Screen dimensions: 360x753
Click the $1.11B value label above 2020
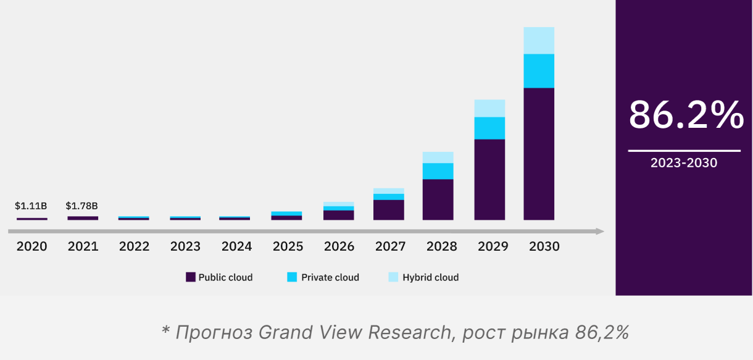[x=31, y=206]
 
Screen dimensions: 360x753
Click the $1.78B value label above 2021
[x=82, y=206]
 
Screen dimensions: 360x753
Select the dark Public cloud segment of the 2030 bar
[x=539, y=154]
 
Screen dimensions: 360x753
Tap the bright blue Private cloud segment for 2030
[x=539, y=71]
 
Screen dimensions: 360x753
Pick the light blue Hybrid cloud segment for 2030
[x=539, y=41]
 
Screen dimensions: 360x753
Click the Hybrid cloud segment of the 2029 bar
[x=489, y=109]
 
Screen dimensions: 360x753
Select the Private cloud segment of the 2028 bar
[x=438, y=171]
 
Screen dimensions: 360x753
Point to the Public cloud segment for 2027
[x=389, y=210]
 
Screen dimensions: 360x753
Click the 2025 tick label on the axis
[x=288, y=246]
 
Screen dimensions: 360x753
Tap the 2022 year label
[x=134, y=246]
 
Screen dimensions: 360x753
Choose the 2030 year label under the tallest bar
[x=544, y=246]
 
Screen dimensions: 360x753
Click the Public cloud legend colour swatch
[x=191, y=277]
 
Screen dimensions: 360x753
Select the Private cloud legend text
[x=330, y=277]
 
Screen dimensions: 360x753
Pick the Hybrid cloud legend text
[x=430, y=277]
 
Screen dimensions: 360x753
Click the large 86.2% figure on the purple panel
[x=686, y=115]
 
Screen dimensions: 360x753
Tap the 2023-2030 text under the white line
[x=684, y=164]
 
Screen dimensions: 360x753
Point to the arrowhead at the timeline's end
[x=599, y=232]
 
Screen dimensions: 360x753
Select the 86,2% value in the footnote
[x=601, y=332]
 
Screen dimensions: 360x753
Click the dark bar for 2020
[x=32, y=219]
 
